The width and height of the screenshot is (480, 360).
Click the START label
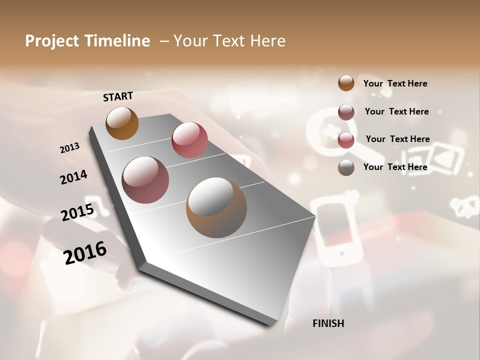click(118, 96)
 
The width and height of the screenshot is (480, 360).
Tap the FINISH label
click(328, 323)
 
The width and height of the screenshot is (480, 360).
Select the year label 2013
click(69, 148)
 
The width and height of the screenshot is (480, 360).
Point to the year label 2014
click(73, 177)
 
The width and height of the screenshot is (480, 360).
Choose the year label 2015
click(77, 212)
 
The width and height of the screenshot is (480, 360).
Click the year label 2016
click(85, 253)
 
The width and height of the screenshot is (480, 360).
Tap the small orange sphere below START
click(122, 123)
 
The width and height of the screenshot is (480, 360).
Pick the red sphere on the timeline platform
click(189, 140)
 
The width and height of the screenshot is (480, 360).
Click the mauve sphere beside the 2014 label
click(145, 180)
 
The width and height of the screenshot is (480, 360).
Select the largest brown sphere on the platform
click(216, 207)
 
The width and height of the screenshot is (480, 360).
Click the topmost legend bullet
click(346, 83)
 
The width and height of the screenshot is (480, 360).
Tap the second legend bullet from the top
click(346, 111)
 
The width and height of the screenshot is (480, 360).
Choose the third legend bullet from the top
click(346, 139)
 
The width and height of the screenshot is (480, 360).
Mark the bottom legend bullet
click(346, 167)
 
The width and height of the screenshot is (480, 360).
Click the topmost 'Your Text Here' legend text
click(395, 83)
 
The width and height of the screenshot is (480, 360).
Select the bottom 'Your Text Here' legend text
click(395, 167)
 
